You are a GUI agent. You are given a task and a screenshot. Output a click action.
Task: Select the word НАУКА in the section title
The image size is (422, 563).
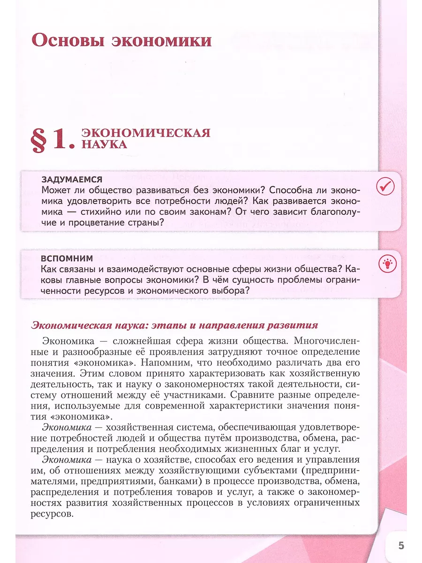[x=105, y=145]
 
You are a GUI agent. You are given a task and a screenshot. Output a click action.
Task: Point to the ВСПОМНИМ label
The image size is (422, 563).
[x=67, y=259]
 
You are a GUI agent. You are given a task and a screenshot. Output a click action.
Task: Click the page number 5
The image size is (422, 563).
[x=401, y=545]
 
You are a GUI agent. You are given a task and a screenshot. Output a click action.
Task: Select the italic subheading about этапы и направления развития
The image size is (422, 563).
[x=174, y=325]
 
